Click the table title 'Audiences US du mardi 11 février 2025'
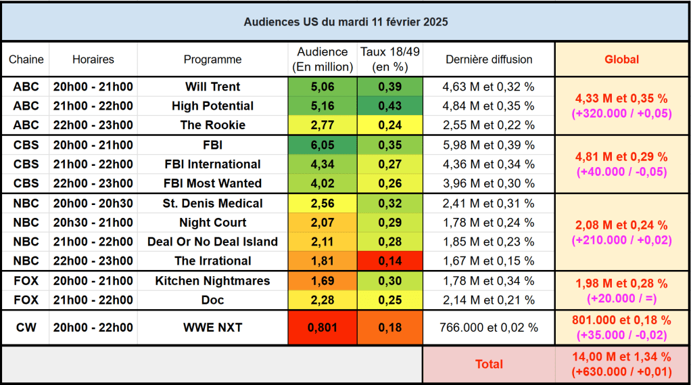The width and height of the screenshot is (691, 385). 345,22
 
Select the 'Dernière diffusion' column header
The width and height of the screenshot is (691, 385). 489,60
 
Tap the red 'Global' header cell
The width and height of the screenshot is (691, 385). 621,60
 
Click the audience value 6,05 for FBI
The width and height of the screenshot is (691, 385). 322,145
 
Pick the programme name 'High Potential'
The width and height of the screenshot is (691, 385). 212,106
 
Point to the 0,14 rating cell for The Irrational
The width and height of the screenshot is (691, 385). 389,261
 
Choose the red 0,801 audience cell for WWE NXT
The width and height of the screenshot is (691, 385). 322,327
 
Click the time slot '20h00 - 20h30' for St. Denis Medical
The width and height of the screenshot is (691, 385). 93,204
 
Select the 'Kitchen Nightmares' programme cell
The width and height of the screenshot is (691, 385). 212,281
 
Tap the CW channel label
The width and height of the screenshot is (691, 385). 26,327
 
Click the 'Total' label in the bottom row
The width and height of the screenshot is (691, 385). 489,364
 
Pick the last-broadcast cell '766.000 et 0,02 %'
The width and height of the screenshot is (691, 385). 489,327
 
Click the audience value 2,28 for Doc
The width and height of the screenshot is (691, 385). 322,300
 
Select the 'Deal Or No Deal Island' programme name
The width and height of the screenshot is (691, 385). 212,242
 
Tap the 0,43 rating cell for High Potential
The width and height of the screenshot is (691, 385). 389,106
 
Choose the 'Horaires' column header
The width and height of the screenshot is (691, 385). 93,60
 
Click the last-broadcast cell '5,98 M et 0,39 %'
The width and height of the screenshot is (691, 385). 489,145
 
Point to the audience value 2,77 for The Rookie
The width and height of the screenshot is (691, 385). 322,125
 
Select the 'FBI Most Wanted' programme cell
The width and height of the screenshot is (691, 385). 212,183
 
